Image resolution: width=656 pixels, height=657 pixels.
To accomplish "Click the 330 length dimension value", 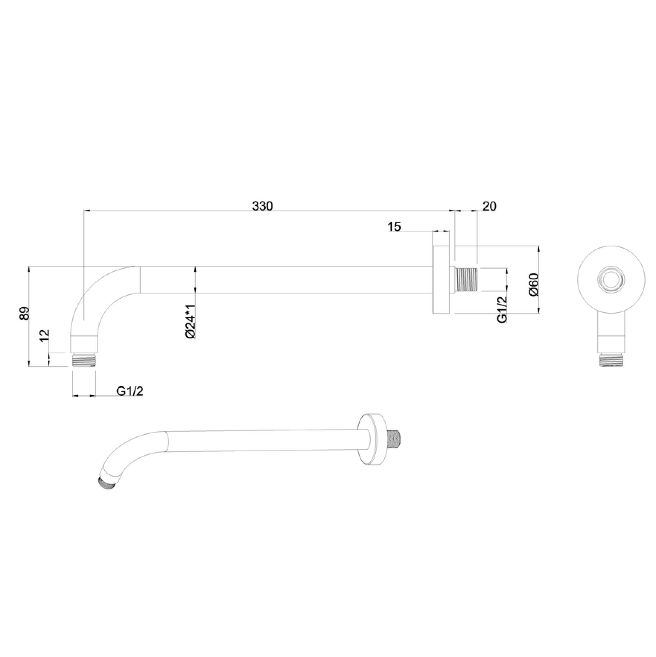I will pos(262,206).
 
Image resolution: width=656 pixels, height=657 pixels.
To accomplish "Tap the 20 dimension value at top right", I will pos(489,206).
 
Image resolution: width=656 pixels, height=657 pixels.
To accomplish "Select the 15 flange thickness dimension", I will pos(394,227).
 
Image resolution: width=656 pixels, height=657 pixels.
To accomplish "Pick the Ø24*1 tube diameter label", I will pos(191,321).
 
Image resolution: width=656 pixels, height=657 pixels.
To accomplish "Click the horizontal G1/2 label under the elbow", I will pos(130,391).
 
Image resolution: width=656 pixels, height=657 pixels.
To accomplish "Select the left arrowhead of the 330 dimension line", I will pos(86,211).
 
